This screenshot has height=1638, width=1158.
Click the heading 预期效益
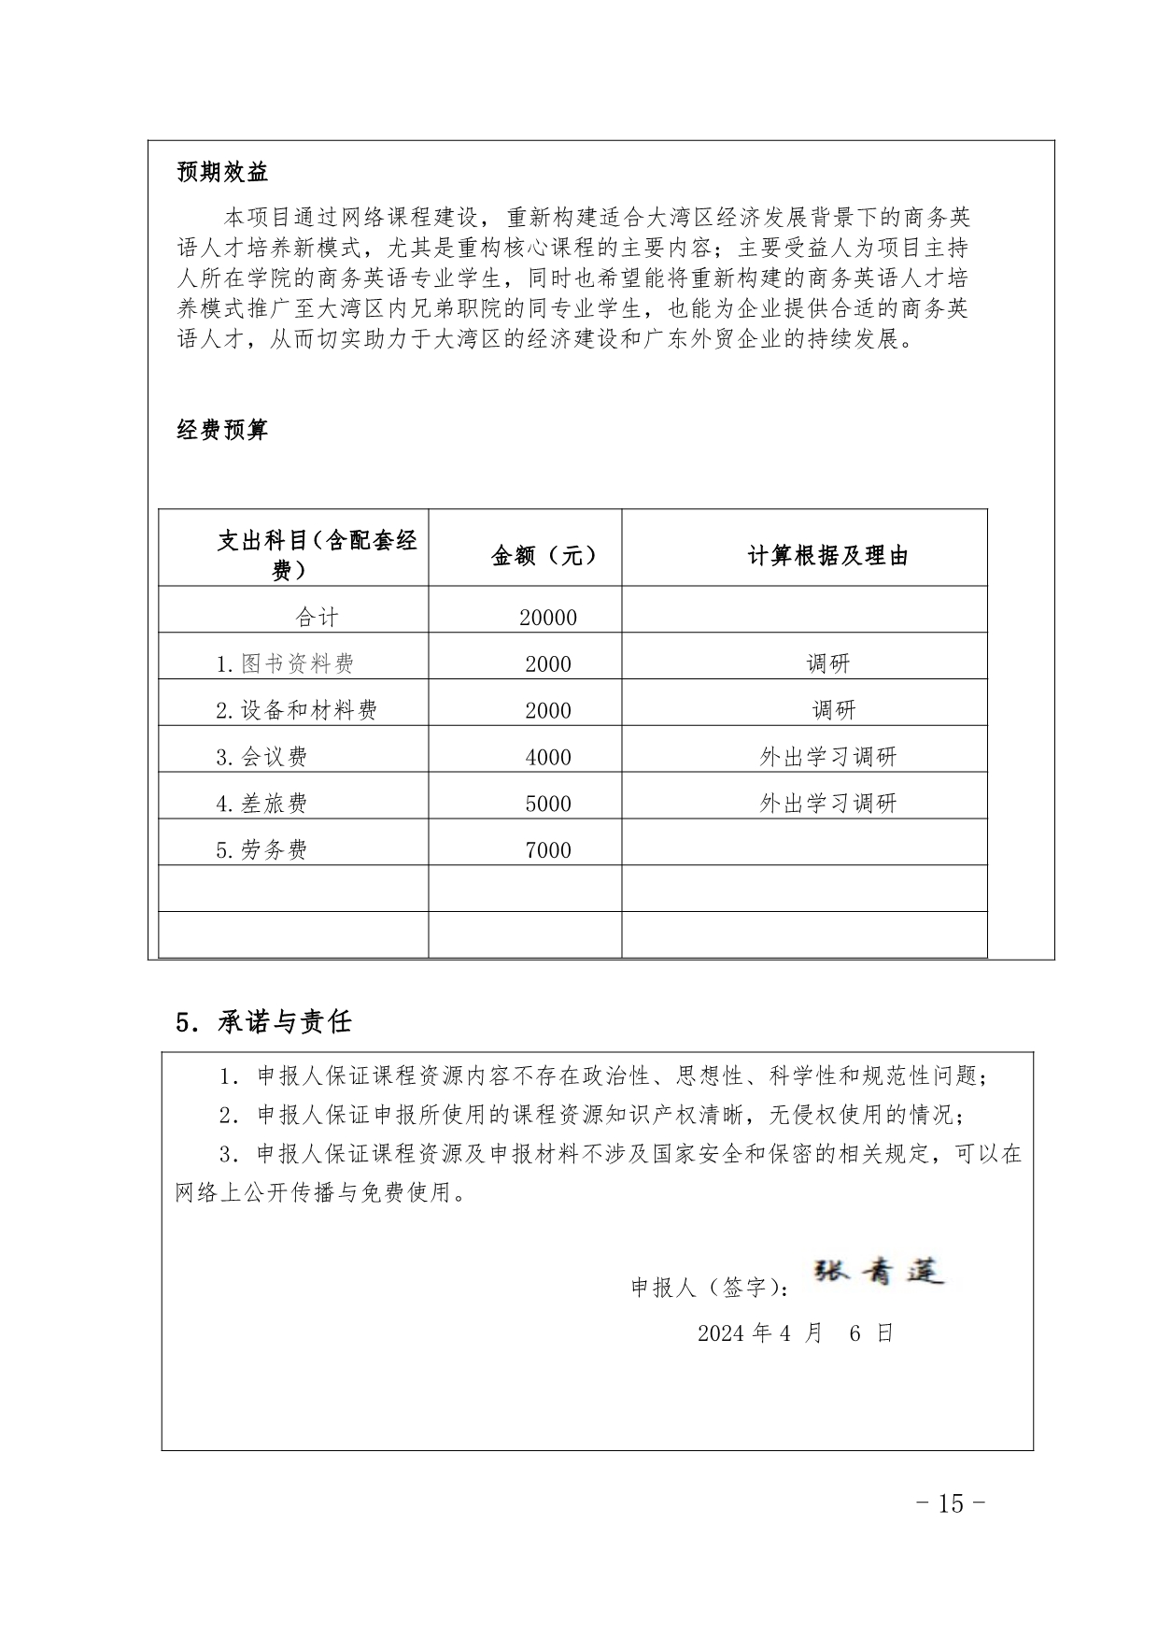pyautogui.click(x=222, y=173)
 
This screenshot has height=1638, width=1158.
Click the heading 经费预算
pyautogui.click(x=222, y=430)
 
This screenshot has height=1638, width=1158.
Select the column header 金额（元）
pyautogui.click(x=544, y=556)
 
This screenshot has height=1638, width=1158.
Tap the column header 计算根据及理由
pyautogui.click(x=827, y=556)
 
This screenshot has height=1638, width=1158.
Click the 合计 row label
pyautogui.click(x=317, y=618)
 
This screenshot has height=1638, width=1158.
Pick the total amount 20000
pyautogui.click(x=548, y=618)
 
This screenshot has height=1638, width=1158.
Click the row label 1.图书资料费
pyautogui.click(x=285, y=664)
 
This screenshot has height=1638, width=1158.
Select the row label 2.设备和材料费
pyautogui.click(x=296, y=711)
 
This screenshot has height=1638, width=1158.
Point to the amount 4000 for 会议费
pyautogui.click(x=548, y=757)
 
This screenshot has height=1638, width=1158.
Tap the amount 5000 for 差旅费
pyautogui.click(x=548, y=804)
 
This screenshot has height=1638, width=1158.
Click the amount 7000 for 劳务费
pyautogui.click(x=548, y=850)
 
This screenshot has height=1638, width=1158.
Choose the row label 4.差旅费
pyautogui.click(x=261, y=804)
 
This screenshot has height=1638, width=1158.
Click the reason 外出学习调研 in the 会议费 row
pyautogui.click(x=827, y=757)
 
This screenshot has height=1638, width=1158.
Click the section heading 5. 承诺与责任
pyautogui.click(x=263, y=1021)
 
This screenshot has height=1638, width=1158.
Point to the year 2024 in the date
pyautogui.click(x=721, y=1333)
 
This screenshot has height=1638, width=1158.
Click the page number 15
pyautogui.click(x=950, y=1504)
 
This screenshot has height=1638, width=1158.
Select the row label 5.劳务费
pyautogui.click(x=261, y=850)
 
